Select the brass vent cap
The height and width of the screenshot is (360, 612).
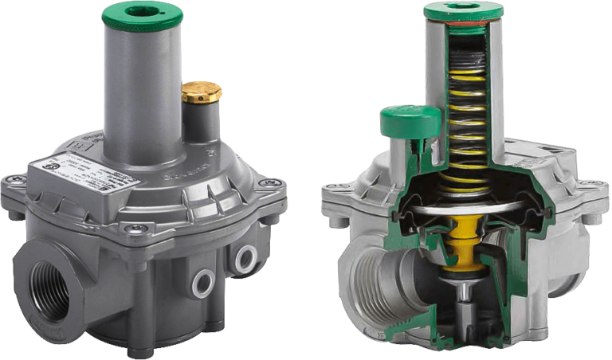click(201, 92)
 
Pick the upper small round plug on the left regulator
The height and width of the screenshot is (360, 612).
click(244, 256)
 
